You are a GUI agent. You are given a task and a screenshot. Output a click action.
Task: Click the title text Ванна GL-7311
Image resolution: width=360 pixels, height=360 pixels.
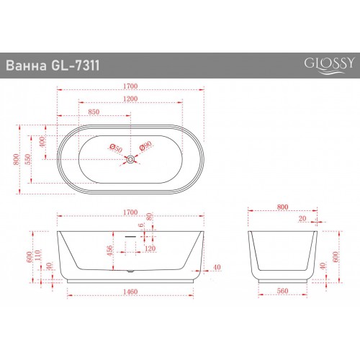click(53, 66)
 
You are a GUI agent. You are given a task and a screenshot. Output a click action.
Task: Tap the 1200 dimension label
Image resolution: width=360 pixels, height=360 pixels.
click(130, 99)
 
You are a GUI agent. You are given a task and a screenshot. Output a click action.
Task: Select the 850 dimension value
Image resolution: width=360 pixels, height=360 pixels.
click(94, 112)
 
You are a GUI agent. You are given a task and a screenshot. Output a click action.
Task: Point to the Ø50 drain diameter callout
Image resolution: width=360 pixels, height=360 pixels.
click(116, 148)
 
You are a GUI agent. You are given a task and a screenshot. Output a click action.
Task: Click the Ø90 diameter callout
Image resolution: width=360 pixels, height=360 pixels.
click(145, 146)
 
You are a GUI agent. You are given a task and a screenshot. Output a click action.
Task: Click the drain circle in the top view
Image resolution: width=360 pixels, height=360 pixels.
click(131, 159)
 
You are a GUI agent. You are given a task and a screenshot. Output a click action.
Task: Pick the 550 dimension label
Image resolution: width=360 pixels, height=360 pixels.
click(28, 159)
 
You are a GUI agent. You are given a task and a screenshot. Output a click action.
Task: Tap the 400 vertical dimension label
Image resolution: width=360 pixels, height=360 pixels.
click(42, 142)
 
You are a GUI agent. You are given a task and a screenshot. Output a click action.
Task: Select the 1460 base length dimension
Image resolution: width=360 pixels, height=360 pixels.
click(130, 292)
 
